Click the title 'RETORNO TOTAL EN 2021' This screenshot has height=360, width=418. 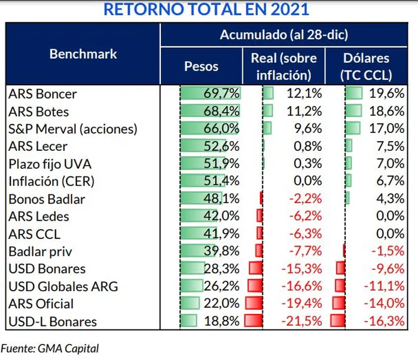click(x=204, y=10)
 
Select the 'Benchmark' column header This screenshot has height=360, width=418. click(x=83, y=54)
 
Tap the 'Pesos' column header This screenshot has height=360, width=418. click(x=201, y=66)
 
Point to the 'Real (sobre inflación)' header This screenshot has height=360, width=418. click(x=283, y=66)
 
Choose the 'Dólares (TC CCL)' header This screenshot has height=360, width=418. click(x=366, y=66)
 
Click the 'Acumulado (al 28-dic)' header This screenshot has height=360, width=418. click(x=284, y=34)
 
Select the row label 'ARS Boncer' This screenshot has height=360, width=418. click(x=43, y=93)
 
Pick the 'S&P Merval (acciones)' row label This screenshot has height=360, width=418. click(x=73, y=129)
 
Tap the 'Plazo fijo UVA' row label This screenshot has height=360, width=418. click(x=50, y=164)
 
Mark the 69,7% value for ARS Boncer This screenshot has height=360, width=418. click(x=222, y=93)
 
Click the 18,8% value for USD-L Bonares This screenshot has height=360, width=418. click(x=222, y=321)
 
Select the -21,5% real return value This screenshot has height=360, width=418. click(x=302, y=321)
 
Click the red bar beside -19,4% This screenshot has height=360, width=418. click(x=253, y=303)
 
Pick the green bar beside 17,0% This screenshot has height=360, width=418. click(x=353, y=128)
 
